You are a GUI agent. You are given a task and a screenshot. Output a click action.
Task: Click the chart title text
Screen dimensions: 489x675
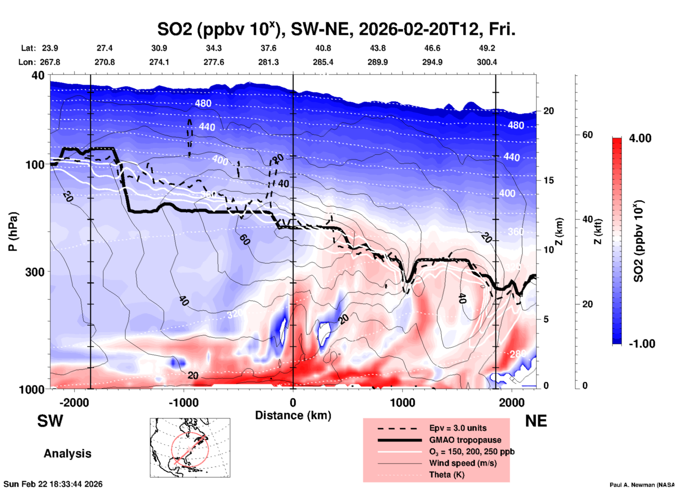click(336, 29)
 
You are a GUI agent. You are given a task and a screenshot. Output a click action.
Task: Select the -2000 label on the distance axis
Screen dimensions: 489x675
click(74, 403)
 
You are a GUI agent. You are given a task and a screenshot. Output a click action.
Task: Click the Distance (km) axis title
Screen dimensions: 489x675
click(293, 416)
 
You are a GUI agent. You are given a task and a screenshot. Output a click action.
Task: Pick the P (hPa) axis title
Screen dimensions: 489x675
click(13, 232)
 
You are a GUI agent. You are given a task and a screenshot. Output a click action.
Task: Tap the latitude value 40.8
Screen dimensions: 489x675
click(323, 48)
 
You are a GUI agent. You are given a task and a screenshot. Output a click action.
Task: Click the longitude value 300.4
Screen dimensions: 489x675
click(486, 62)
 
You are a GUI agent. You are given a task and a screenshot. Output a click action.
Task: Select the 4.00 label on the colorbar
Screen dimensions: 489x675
click(640, 138)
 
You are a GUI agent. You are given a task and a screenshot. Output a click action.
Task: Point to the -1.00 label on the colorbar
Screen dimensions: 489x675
click(642, 344)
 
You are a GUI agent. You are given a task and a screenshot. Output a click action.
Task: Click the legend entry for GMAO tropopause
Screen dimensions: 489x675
click(465, 440)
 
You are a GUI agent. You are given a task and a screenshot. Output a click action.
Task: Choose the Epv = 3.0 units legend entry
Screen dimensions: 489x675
click(457, 428)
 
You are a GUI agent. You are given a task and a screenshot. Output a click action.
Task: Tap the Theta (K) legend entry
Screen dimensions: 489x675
click(446, 475)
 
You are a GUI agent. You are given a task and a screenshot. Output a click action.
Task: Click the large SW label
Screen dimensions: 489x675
click(50, 421)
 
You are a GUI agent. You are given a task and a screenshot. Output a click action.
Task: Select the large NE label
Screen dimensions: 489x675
click(536, 421)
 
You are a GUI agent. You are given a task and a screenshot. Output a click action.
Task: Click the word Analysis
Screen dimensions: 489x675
click(67, 454)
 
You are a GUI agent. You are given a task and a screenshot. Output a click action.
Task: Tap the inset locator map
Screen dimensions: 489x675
click(190, 448)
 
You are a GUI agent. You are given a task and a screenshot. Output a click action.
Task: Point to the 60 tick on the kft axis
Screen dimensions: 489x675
click(587, 135)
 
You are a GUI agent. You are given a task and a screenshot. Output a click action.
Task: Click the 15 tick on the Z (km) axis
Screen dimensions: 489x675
click(548, 180)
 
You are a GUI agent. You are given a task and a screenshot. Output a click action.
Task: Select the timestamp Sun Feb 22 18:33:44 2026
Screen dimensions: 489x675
click(53, 484)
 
